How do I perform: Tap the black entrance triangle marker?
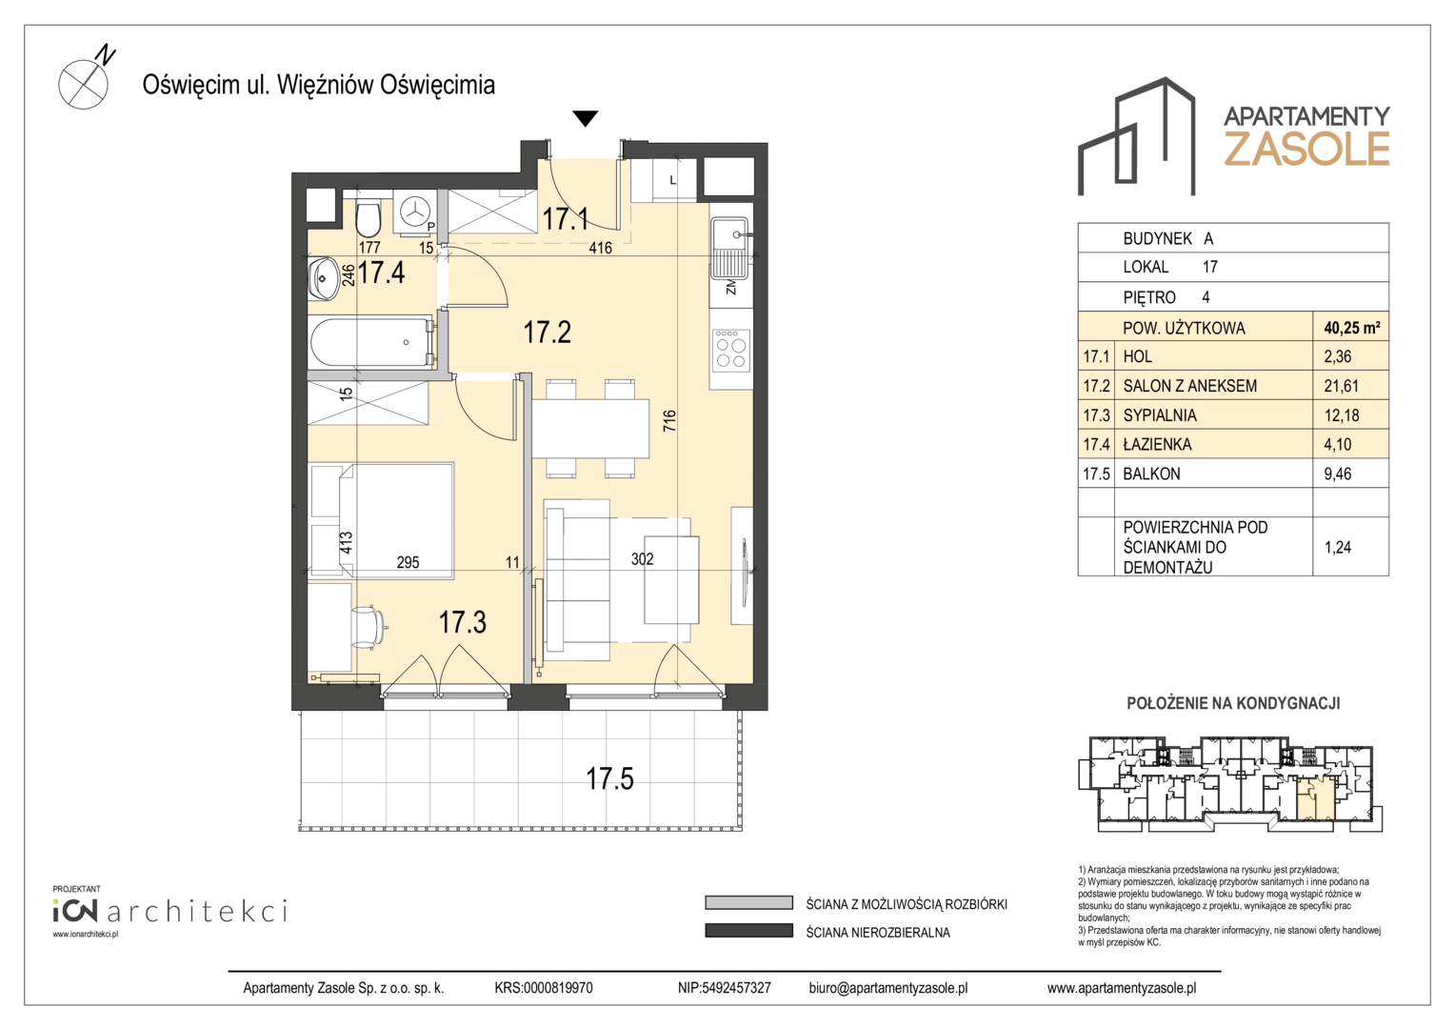point(585,118)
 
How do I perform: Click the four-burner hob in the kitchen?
point(730,349)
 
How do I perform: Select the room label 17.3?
point(462,622)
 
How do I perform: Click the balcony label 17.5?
point(609,778)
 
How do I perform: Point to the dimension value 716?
point(669,420)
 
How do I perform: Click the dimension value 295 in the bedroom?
point(408,561)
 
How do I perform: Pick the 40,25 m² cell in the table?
point(1352,328)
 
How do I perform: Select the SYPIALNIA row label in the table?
point(1160,414)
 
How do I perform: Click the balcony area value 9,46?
point(1338,474)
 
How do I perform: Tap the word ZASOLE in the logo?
point(1306,149)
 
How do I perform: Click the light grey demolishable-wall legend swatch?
point(749,903)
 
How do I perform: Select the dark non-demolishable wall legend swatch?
point(749,931)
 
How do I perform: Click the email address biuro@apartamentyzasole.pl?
point(887,988)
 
